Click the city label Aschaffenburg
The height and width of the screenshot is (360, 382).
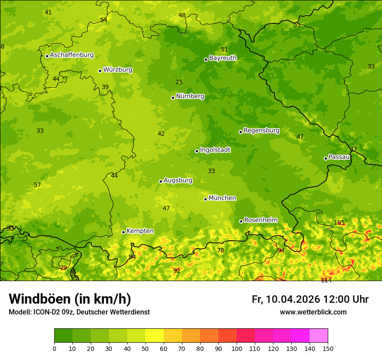tap(72, 55)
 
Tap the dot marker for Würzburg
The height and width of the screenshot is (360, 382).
tap(100, 71)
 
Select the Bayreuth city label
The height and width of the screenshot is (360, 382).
tap(223, 58)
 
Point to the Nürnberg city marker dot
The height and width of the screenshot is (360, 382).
tap(173, 98)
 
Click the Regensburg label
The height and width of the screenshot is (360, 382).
tap(261, 131)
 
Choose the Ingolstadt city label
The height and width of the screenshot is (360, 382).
tap(215, 150)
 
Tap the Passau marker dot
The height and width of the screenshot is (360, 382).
tap(326, 158)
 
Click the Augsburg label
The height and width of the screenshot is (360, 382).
tap(178, 180)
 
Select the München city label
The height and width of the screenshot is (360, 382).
tap(222, 198)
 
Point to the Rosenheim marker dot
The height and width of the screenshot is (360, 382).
tap(241, 221)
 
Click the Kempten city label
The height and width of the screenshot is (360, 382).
tap(140, 231)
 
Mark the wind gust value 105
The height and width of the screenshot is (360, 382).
tap(339, 223)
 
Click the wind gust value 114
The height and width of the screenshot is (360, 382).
tap(326, 280)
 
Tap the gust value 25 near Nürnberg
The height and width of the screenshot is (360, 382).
tap(179, 82)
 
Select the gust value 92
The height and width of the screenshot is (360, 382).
tap(177, 271)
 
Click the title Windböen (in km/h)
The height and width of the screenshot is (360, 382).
tap(70, 299)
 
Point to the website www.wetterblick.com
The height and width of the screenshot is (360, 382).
tap(313, 312)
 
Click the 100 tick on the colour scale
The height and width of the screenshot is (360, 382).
tap(237, 348)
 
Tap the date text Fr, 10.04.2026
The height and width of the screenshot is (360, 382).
tap(286, 299)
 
